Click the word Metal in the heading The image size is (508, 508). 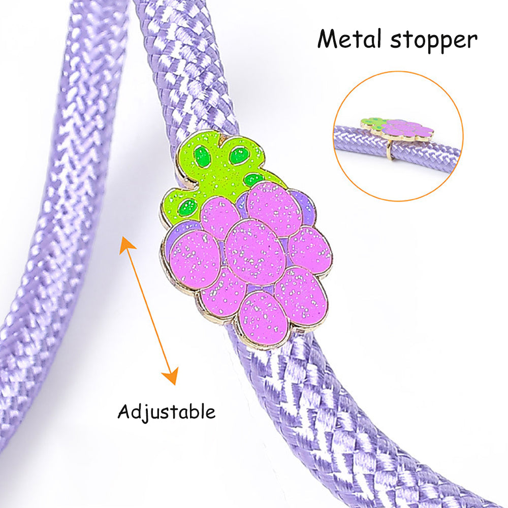350,40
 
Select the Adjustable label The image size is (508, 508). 166,411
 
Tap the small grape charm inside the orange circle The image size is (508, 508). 399,129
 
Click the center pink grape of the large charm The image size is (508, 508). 255,251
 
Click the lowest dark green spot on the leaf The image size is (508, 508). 188,207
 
